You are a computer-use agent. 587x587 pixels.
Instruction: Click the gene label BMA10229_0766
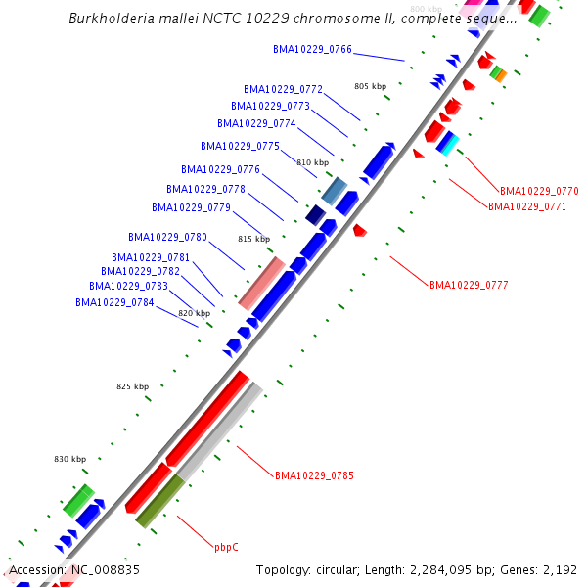(313, 49)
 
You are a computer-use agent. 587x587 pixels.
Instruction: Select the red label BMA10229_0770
(539, 191)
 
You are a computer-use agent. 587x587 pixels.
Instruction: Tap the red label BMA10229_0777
(469, 285)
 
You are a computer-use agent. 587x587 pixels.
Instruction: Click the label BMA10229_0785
(314, 475)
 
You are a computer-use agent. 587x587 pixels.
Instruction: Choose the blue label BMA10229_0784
(114, 302)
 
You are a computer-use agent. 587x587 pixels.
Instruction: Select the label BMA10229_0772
(283, 89)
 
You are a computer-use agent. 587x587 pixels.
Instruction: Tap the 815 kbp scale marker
(252, 239)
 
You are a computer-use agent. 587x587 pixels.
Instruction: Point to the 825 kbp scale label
(132, 386)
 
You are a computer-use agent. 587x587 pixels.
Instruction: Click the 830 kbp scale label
(69, 459)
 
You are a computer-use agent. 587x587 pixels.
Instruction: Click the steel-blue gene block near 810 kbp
(335, 189)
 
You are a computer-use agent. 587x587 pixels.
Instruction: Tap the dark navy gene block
(315, 214)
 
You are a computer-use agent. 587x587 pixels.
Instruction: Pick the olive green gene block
(159, 501)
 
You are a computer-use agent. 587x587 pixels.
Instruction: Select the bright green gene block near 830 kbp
(77, 500)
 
